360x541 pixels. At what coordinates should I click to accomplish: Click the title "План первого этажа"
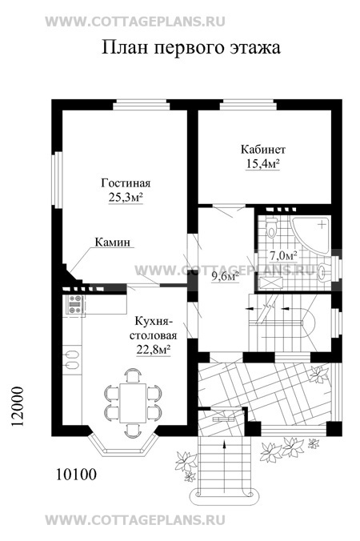190,48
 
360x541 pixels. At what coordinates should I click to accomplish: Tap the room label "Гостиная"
126,182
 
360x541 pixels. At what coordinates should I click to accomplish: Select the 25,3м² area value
126,197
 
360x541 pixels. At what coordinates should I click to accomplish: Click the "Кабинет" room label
262,150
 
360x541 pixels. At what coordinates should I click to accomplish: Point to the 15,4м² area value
262,163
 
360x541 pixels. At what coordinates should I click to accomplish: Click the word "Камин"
113,242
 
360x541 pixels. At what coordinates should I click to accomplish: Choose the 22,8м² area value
154,350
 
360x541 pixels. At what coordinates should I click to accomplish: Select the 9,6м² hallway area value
226,276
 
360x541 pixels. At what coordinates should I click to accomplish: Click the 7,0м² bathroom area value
284,256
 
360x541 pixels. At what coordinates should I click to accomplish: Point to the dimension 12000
18,407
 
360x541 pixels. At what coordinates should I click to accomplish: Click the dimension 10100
76,475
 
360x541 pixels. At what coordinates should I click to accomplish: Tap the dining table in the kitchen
133,403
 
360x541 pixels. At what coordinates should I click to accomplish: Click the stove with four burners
75,304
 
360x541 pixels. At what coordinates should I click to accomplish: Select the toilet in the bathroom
272,227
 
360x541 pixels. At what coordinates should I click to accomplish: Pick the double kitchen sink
72,359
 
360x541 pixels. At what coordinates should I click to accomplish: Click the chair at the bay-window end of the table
133,430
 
